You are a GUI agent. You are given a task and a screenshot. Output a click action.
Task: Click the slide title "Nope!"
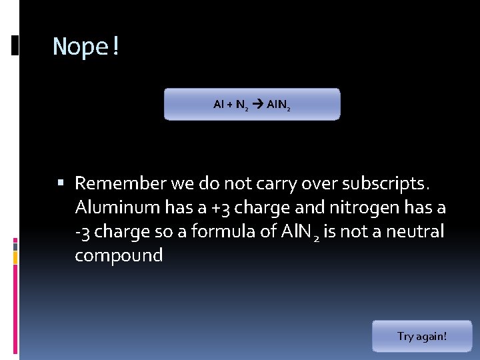point(86,47)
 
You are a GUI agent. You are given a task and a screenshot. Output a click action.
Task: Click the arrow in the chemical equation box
point(257,104)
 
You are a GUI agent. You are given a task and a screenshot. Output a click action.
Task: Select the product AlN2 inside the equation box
point(278,105)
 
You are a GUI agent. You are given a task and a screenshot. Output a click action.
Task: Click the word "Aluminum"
point(117,207)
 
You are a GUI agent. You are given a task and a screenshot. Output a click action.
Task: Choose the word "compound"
point(119,255)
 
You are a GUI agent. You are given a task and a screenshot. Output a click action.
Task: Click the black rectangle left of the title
point(15,45)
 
